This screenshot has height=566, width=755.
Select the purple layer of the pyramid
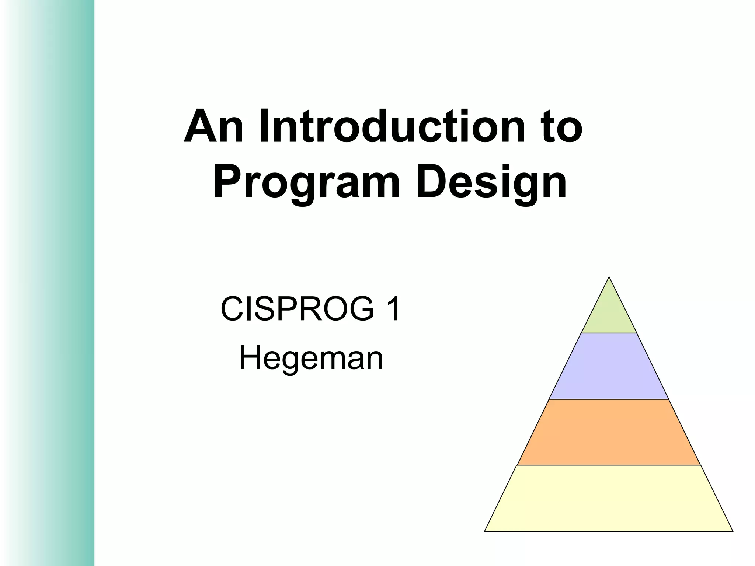coord(609,366)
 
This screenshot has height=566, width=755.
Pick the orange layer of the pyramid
coord(609,432)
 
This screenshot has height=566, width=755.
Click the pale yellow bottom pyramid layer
coord(609,498)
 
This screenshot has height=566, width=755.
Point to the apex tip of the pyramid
coord(609,277)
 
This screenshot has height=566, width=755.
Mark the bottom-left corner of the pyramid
coord(485,531)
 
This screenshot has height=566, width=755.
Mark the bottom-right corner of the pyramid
coord(732,531)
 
